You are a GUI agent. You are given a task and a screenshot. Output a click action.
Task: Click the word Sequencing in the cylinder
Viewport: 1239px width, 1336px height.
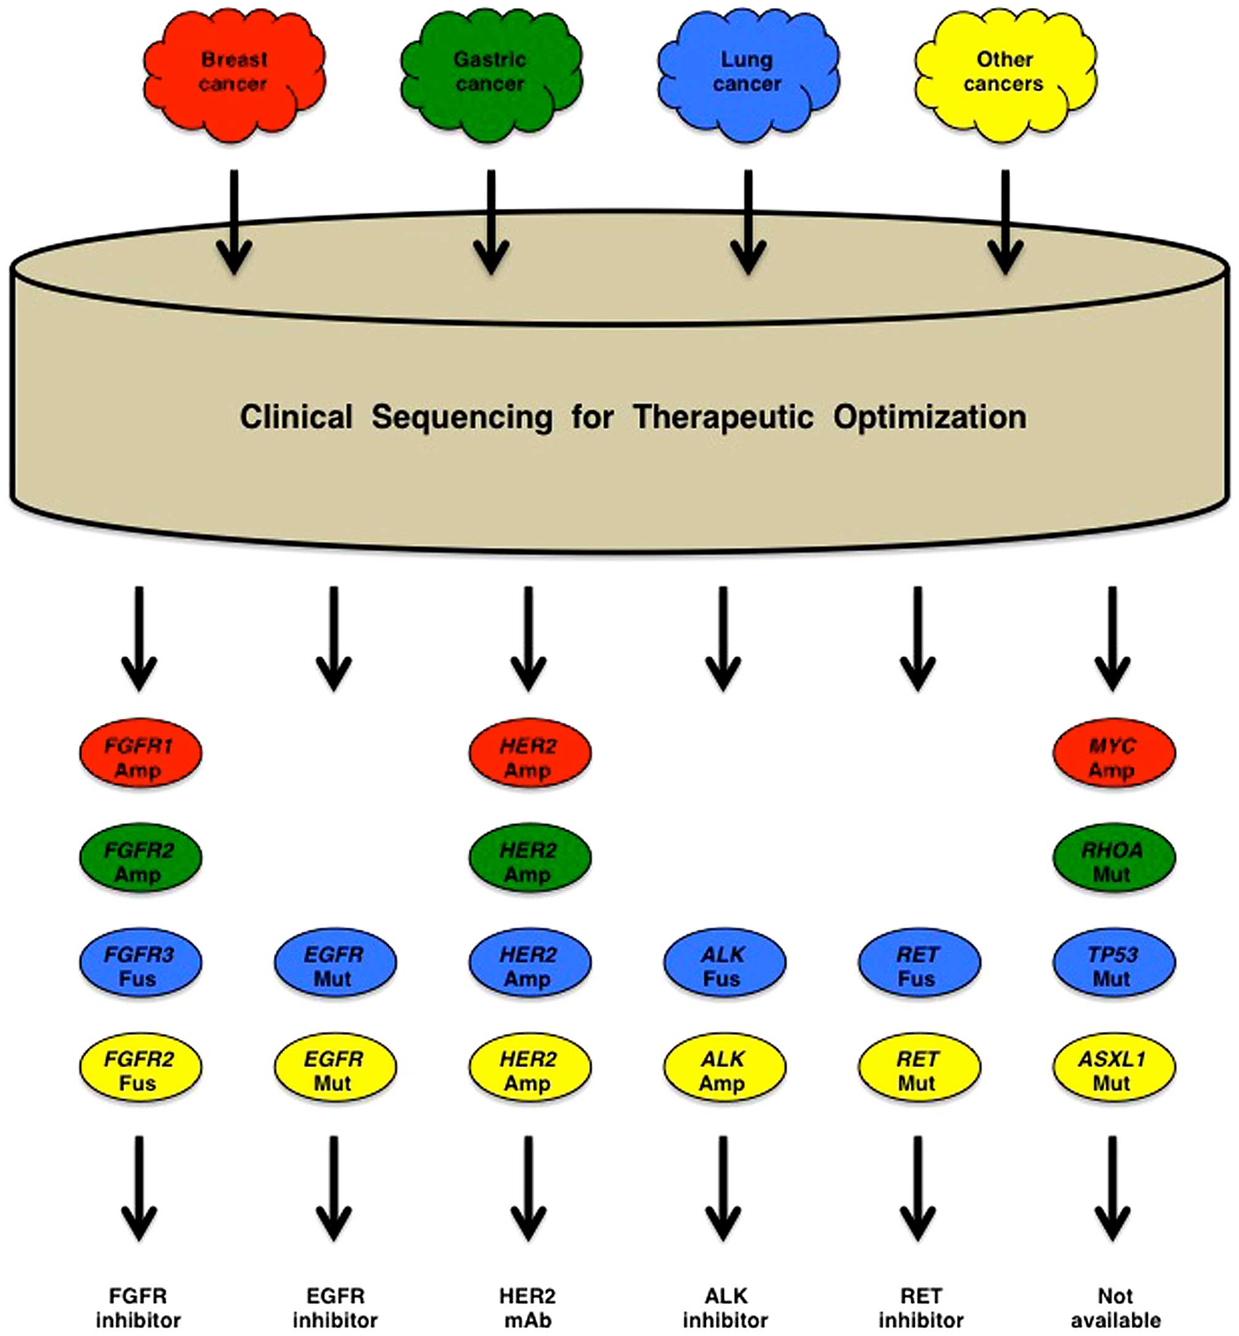tap(462, 418)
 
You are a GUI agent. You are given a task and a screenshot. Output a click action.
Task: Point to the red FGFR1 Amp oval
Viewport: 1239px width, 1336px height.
tap(140, 752)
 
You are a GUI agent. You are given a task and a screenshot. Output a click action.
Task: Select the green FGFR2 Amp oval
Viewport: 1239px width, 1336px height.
tap(140, 857)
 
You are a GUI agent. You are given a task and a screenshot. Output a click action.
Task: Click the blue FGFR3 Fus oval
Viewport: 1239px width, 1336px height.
tap(140, 961)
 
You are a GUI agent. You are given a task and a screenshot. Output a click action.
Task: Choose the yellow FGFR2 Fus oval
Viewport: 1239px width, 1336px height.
tap(140, 1066)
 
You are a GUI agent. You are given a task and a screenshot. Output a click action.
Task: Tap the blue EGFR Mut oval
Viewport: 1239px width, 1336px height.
tap(334, 961)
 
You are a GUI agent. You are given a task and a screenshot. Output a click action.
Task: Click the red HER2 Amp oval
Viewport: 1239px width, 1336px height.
tap(529, 752)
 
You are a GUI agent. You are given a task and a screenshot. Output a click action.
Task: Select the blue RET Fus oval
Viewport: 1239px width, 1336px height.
tap(919, 961)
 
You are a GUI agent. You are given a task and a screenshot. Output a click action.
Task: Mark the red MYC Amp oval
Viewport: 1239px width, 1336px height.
tap(1113, 752)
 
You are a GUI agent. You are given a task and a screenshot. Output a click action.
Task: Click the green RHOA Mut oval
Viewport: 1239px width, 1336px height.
tap(1113, 857)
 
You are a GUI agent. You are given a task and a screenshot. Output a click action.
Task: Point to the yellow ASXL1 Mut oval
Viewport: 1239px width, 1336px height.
tap(1113, 1066)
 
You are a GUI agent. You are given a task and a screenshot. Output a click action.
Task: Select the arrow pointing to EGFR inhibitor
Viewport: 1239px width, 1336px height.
tap(334, 1187)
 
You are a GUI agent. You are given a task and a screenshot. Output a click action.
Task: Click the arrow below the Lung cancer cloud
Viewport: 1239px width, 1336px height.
tap(748, 221)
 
